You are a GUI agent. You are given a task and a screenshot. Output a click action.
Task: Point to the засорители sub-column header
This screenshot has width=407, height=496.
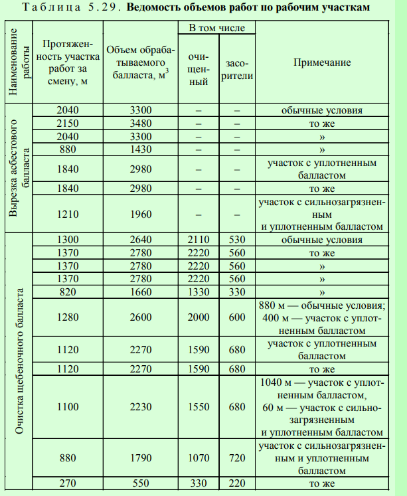pos(238,69)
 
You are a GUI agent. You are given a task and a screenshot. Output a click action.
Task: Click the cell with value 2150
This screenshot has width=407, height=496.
pos(68,124)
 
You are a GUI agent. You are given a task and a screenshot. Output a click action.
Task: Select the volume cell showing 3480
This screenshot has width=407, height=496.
pos(140,124)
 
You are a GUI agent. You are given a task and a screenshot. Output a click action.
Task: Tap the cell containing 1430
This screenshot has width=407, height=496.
pos(140,149)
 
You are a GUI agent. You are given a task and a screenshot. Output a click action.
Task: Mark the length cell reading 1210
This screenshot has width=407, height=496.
pos(68,214)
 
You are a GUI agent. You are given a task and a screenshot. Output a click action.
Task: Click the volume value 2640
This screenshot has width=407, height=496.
pos(140,240)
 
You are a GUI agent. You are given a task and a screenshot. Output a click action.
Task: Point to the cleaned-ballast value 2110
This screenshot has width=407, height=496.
pos(198,240)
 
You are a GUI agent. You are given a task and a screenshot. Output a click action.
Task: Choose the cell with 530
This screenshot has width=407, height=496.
pos(237,240)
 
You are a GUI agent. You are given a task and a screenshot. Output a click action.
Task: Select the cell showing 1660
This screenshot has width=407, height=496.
pos(140,291)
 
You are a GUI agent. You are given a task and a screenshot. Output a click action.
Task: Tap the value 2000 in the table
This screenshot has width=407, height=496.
pos(198,317)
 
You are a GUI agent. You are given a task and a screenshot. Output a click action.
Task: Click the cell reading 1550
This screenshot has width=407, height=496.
pos(198,406)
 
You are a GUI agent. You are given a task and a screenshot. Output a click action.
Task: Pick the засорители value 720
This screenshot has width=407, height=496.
pos(237,458)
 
